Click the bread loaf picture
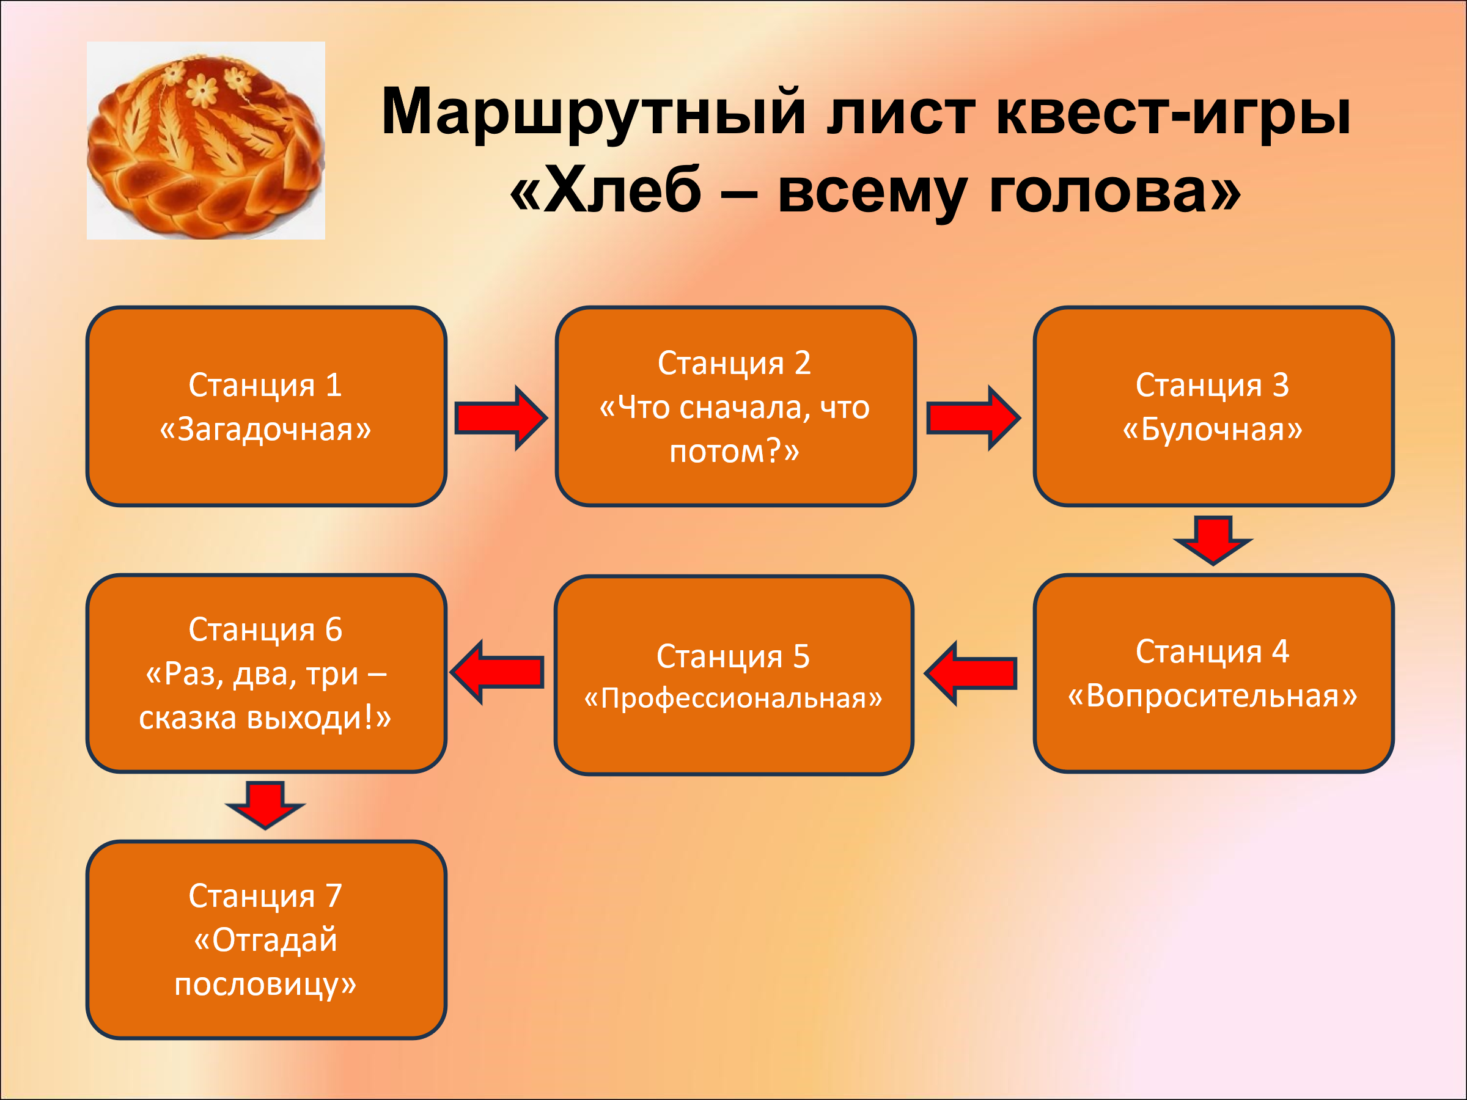pos(205,141)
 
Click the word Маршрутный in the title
pos(594,112)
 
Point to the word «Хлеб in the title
pos(606,191)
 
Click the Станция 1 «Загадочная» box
pos(266,406)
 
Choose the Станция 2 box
pos(735,406)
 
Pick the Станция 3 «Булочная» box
pos(1213,406)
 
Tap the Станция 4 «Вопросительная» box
pos(1213,673)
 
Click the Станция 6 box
pos(266,673)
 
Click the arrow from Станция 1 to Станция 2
pos(501,419)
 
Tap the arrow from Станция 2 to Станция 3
pos(973,419)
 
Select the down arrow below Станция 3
pos(1213,539)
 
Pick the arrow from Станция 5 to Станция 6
pos(498,672)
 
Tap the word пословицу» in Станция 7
pos(265,985)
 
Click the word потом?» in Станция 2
pos(734,452)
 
